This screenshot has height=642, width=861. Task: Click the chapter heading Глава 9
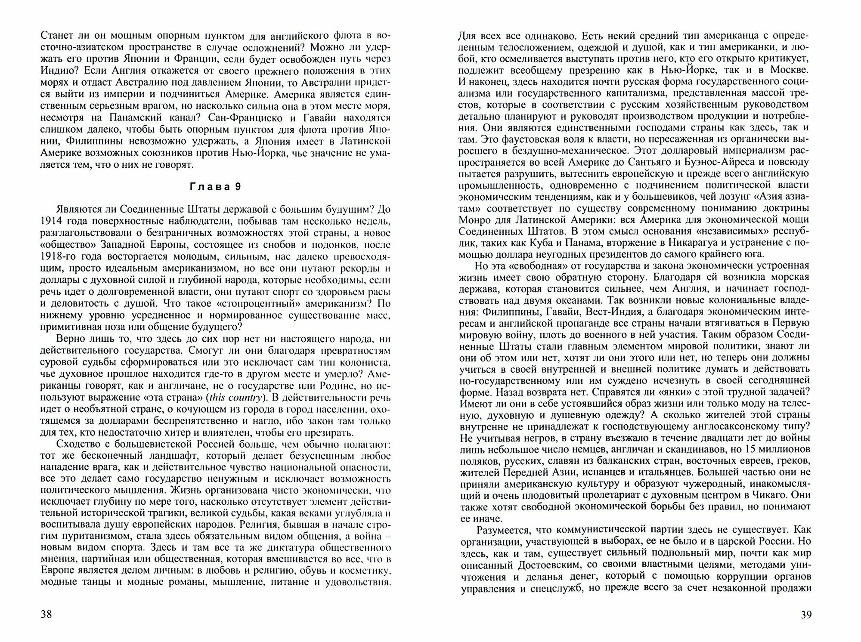215,187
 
